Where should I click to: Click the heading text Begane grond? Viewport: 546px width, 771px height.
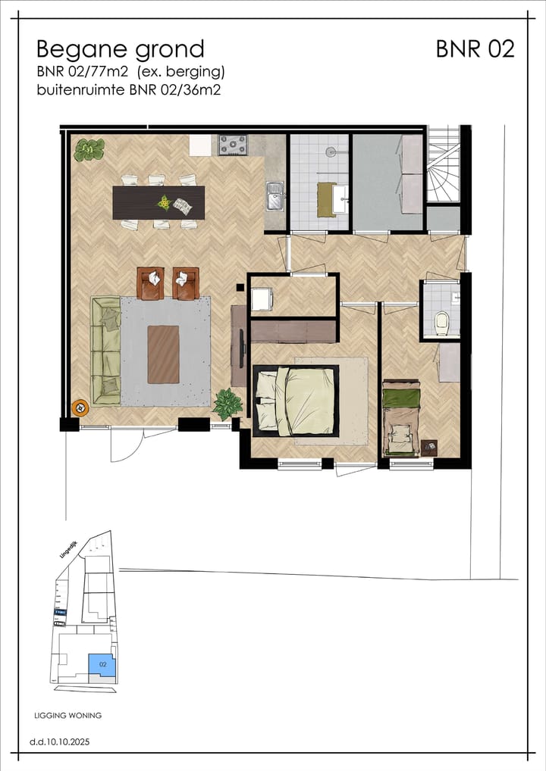pyautogui.click(x=120, y=49)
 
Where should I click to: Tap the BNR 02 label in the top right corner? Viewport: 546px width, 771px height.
pyautogui.click(x=475, y=49)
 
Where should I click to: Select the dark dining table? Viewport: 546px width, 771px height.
pyautogui.click(x=158, y=202)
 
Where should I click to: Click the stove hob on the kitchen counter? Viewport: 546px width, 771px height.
pyautogui.click(x=233, y=144)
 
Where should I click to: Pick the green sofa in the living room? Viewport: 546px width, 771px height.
pyautogui.click(x=105, y=350)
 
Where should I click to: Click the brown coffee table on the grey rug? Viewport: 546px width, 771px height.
pyautogui.click(x=163, y=354)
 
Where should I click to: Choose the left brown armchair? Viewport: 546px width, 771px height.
pyautogui.click(x=151, y=283)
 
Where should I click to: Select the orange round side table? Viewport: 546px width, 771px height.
pyautogui.click(x=80, y=408)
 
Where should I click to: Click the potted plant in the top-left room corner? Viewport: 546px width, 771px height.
pyautogui.click(x=89, y=150)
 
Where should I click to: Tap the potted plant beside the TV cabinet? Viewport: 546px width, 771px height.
pyautogui.click(x=227, y=403)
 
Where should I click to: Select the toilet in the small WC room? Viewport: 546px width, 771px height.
pyautogui.click(x=443, y=324)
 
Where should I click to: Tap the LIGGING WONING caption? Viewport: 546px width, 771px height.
pyautogui.click(x=68, y=715)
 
